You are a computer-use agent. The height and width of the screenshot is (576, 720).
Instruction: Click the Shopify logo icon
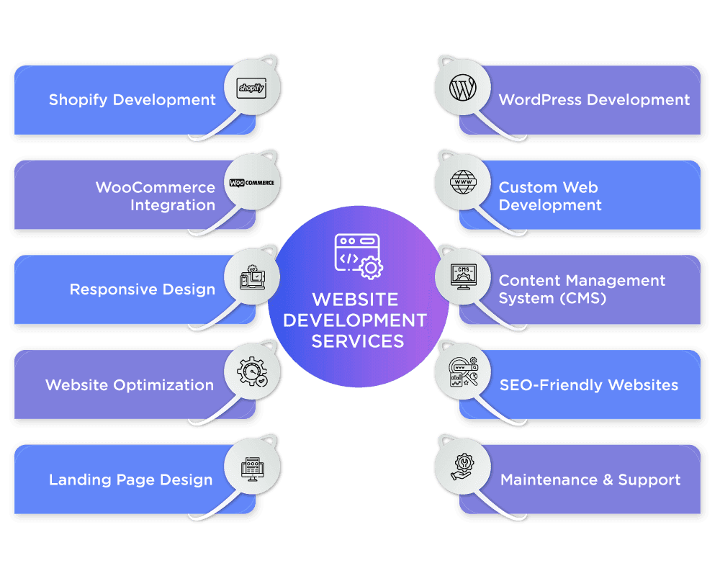click(251, 89)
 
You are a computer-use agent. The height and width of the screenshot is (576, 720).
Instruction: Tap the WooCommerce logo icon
click(251, 183)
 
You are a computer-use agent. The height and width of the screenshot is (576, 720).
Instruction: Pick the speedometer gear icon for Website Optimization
click(252, 372)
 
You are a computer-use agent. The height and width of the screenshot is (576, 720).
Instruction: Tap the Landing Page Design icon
click(251, 467)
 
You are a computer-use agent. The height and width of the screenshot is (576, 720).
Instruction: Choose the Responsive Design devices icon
click(251, 277)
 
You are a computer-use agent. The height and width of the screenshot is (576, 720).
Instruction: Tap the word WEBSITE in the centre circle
click(354, 299)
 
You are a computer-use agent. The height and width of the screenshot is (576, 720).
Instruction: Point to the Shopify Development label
click(132, 100)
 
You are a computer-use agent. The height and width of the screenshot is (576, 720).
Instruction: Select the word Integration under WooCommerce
click(173, 205)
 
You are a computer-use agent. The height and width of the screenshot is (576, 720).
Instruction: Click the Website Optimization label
click(130, 384)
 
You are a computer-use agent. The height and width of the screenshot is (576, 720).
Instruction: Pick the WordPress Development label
click(594, 100)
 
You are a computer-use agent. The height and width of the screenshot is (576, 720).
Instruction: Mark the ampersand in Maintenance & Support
click(600, 480)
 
